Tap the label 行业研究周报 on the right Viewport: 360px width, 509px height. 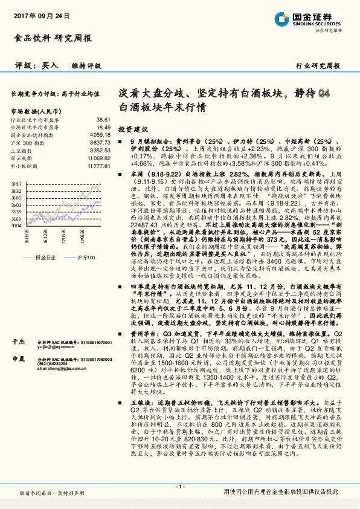318,65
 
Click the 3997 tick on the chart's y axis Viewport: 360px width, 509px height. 17,183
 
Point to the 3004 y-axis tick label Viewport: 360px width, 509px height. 17,225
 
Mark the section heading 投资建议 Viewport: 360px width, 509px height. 132,129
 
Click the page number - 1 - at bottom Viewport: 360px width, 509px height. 180,486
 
